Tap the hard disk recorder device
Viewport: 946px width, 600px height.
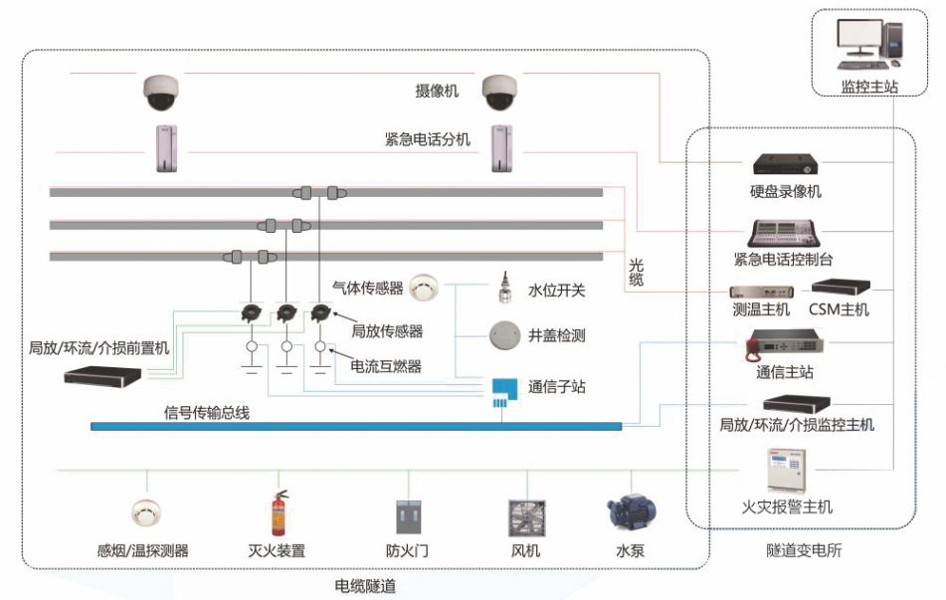(786, 164)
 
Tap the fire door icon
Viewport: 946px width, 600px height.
(409, 518)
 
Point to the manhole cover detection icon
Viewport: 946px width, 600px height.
(505, 335)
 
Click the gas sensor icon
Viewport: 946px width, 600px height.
(425, 287)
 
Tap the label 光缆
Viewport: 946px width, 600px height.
(637, 273)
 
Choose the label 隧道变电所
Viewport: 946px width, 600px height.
(804, 549)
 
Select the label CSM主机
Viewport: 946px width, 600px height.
(839, 309)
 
